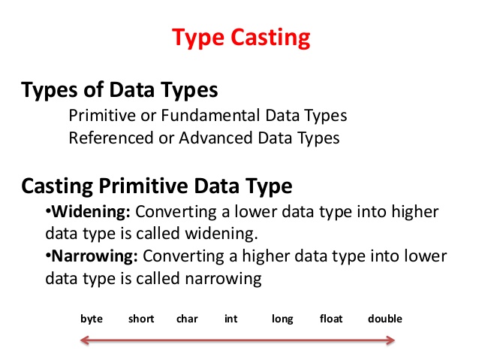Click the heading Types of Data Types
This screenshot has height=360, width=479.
[120, 91]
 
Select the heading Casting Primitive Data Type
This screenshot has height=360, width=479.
[157, 185]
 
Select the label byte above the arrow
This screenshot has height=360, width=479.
[92, 319]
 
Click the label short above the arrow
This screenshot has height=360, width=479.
[140, 319]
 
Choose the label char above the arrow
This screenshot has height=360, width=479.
[187, 319]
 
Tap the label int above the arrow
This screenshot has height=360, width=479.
[231, 319]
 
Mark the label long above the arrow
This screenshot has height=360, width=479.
[282, 319]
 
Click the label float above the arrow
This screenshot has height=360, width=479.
[331, 319]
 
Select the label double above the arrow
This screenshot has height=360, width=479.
[384, 319]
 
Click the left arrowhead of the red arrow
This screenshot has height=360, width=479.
[85, 343]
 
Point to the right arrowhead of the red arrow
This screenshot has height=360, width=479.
[393, 343]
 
